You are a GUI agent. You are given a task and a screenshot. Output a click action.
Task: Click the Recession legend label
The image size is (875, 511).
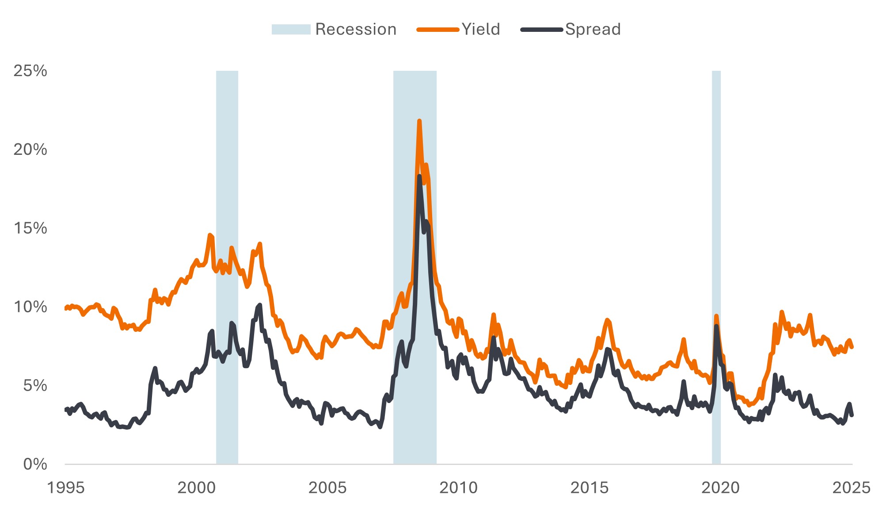click(356, 29)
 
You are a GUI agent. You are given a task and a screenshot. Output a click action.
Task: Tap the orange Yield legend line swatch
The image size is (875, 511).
click(437, 30)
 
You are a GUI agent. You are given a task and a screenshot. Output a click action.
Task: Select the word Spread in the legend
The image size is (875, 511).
click(593, 29)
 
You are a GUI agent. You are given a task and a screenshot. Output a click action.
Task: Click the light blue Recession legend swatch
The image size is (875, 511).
click(291, 30)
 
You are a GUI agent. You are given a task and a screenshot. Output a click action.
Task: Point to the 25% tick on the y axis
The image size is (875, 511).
click(30, 71)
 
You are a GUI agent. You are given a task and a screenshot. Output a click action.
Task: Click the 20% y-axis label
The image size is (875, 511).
click(30, 150)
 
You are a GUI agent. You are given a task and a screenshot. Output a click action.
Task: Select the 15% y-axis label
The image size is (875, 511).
click(30, 228)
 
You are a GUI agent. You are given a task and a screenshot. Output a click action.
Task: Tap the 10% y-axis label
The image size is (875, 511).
click(30, 307)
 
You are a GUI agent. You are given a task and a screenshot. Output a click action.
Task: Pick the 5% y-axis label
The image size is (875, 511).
click(34, 386)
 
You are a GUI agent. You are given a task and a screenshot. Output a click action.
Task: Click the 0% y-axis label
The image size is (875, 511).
click(34, 464)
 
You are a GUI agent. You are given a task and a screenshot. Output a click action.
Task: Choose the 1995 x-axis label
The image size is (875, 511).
click(66, 488)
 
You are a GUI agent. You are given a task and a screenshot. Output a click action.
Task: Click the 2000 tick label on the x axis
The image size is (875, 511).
click(197, 488)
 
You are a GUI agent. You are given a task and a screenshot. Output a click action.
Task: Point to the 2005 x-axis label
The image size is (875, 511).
click(327, 488)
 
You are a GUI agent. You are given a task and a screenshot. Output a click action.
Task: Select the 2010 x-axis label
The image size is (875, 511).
click(458, 488)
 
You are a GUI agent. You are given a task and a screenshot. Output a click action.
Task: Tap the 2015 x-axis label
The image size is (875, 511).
click(590, 488)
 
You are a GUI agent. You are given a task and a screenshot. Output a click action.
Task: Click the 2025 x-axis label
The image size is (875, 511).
click(851, 488)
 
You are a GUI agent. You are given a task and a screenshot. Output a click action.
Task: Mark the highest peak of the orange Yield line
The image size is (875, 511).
click(419, 121)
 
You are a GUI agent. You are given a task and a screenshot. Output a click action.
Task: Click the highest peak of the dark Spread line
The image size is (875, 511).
click(419, 177)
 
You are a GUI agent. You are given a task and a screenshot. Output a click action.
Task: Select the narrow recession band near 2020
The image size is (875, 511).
click(716, 265)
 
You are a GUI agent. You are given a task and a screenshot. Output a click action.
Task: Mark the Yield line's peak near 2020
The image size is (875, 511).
click(716, 316)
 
